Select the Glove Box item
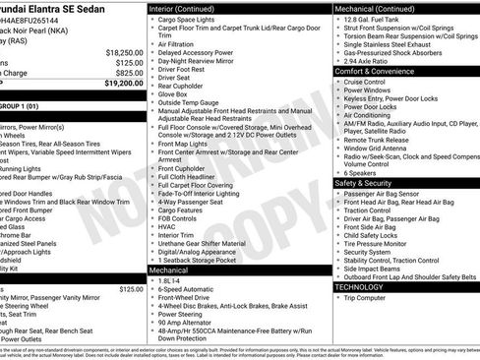click(x=179, y=91)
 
